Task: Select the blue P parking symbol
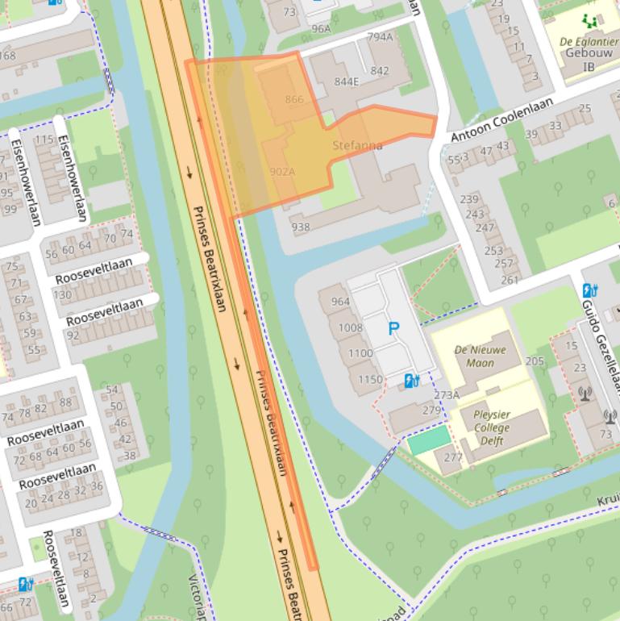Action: tap(394, 328)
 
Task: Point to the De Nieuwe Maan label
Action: tap(481, 356)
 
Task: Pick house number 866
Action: tap(294, 99)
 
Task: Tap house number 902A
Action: tap(282, 172)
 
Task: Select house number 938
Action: tap(301, 227)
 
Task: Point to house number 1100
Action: tap(360, 353)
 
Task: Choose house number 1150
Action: tap(370, 379)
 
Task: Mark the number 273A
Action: tap(447, 395)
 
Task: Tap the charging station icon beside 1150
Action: tap(411, 380)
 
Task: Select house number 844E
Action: tap(346, 81)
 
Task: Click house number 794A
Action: tap(380, 37)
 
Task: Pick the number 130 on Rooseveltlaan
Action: tap(62, 294)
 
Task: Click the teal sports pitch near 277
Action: tap(429, 440)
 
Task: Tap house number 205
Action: tap(535, 361)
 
